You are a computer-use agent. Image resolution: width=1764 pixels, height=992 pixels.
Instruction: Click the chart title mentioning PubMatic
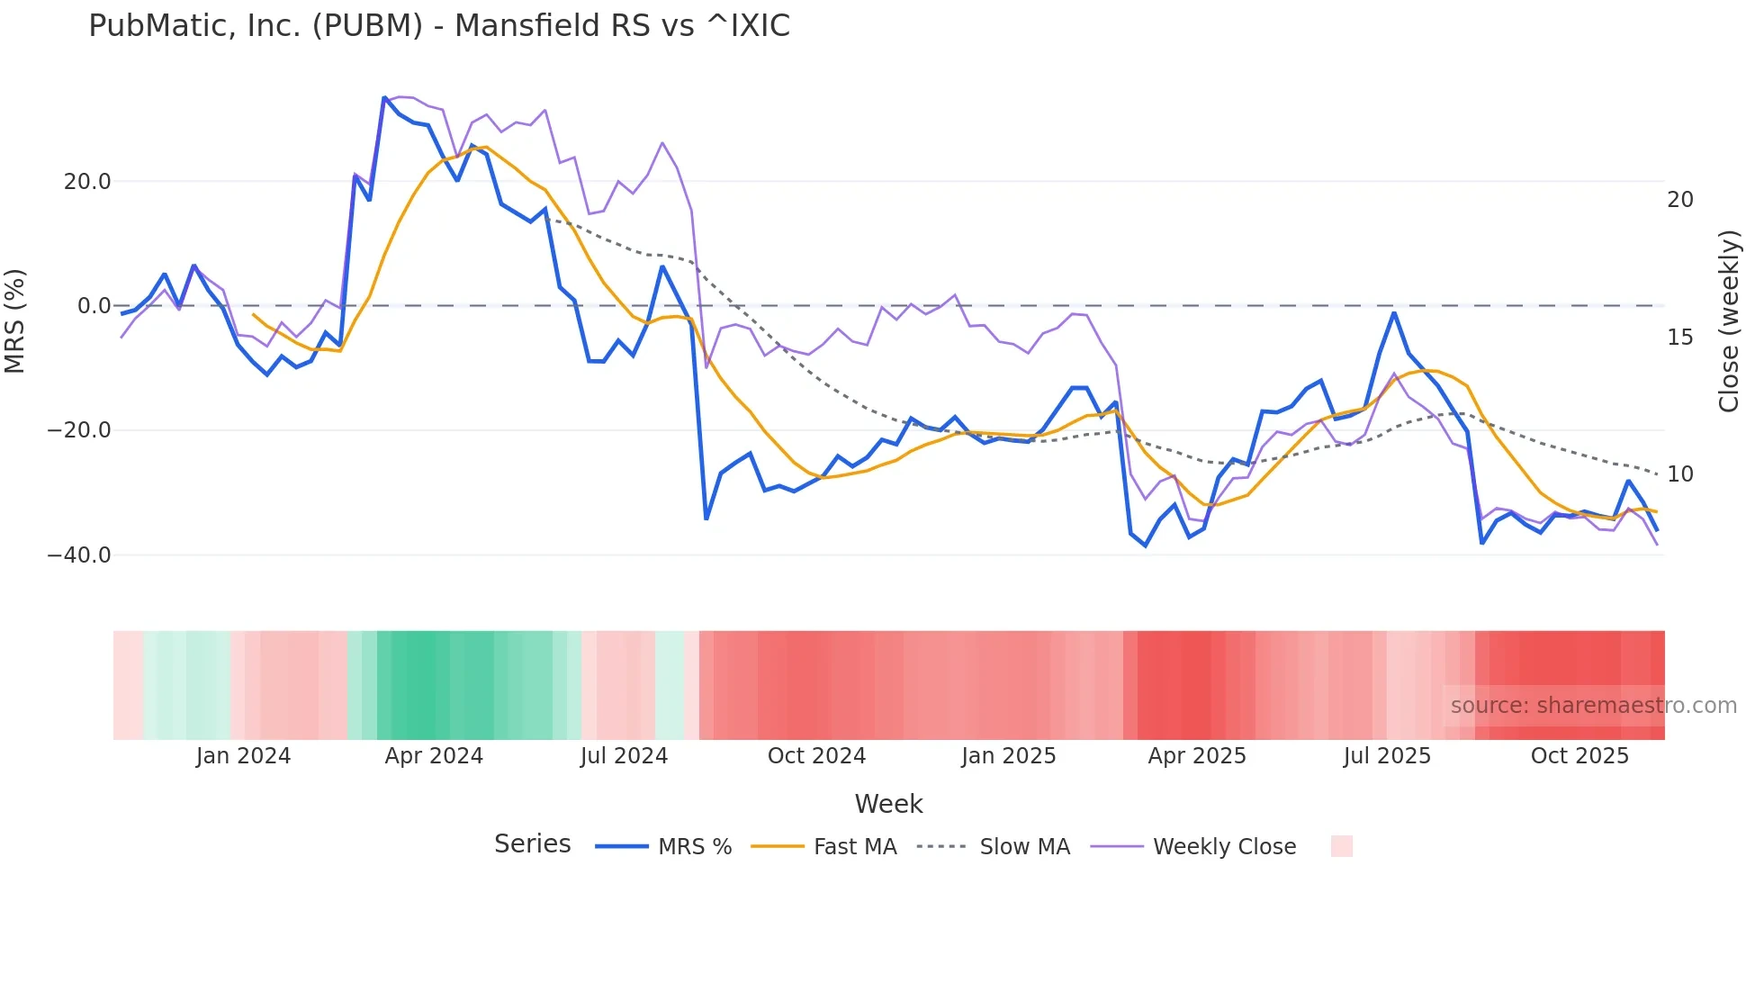point(439,26)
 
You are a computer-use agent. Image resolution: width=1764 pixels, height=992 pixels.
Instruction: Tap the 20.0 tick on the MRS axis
point(87,182)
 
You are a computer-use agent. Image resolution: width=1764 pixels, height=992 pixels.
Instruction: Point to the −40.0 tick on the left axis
point(79,555)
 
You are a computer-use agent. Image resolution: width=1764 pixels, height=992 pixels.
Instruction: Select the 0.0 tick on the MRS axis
point(94,306)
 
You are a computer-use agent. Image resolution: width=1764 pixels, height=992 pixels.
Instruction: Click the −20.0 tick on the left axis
point(79,430)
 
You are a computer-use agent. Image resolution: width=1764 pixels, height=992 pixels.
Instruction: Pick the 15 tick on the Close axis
point(1679,338)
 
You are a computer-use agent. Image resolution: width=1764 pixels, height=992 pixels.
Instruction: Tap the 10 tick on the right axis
point(1679,474)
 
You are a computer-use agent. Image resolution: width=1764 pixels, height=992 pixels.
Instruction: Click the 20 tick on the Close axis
point(1679,200)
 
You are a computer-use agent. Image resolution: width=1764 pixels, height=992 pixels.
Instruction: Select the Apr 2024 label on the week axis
point(434,756)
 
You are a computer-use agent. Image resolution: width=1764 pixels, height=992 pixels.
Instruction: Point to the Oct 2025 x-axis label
point(1579,756)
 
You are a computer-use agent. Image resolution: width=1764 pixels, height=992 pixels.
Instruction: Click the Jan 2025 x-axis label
point(1008,756)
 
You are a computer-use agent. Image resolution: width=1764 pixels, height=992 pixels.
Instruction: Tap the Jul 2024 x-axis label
point(624,756)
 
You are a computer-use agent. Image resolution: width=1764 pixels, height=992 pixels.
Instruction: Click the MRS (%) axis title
point(15,320)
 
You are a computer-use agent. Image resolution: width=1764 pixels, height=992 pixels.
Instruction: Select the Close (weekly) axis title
point(1728,321)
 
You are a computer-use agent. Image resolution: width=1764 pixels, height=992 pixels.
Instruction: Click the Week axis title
point(888,804)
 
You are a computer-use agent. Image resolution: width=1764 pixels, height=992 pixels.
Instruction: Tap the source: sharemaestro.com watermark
point(1593,706)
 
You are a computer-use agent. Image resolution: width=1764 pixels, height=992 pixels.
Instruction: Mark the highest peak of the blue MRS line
point(384,97)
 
